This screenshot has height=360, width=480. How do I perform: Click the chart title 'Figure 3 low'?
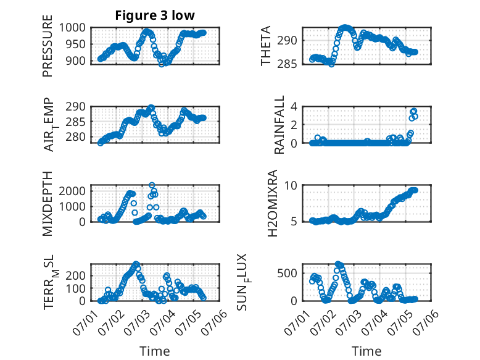[x=155, y=15]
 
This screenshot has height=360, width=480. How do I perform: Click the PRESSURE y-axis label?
[x=48, y=46]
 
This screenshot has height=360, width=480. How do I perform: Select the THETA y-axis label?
[x=266, y=46]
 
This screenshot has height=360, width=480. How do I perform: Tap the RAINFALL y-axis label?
[x=279, y=125]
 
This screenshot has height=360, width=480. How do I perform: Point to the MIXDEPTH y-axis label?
[x=48, y=204]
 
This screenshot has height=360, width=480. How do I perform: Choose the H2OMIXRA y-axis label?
[x=272, y=203]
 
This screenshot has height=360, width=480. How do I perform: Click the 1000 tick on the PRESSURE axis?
[x=72, y=28]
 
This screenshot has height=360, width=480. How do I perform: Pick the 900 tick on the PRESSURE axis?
[x=76, y=61]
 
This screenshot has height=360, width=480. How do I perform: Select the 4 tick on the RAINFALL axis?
[x=294, y=107]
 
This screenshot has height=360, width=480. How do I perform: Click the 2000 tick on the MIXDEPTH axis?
[x=72, y=191]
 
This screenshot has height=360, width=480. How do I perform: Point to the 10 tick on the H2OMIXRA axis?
[x=291, y=185]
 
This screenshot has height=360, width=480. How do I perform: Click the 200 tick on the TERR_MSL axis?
[x=76, y=275]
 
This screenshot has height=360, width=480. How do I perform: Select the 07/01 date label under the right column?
[x=297, y=320]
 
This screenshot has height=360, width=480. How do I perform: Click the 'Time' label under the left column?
[x=155, y=351]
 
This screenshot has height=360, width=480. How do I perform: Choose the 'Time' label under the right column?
[x=366, y=351]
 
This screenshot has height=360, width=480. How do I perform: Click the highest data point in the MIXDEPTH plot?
[x=152, y=185]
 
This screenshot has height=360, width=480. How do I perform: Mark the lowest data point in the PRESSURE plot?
[x=162, y=64]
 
